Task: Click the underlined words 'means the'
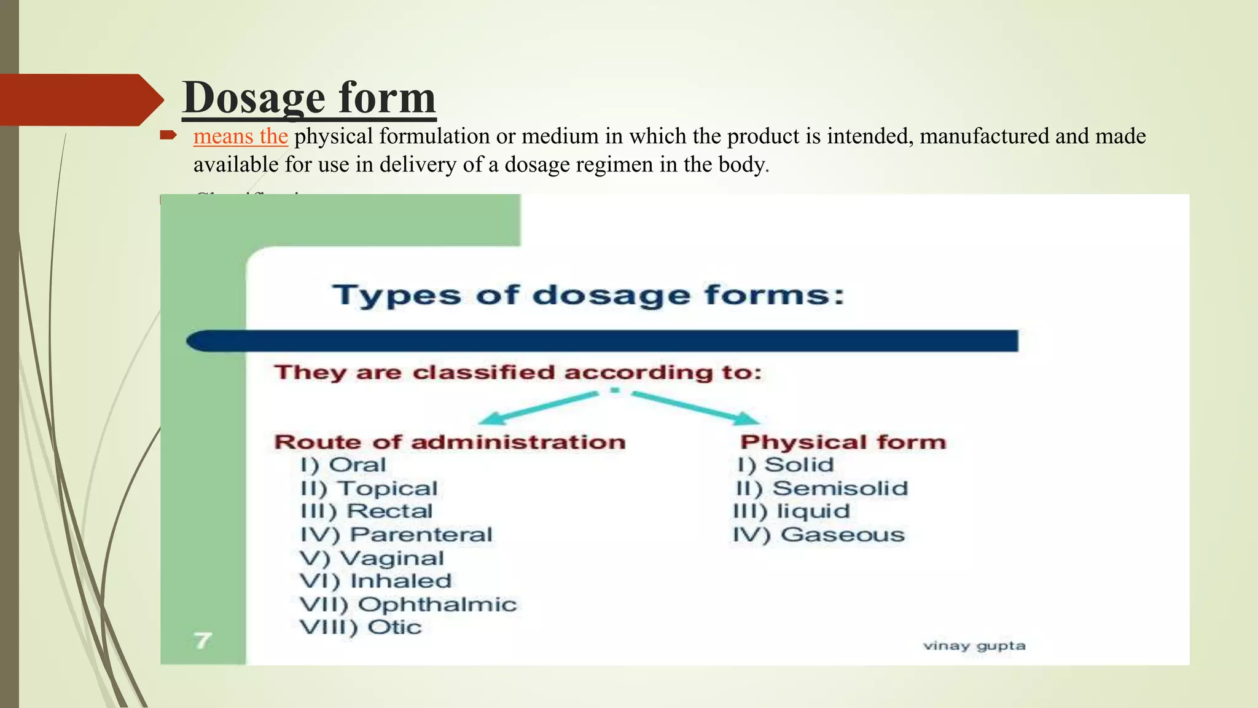click(x=240, y=136)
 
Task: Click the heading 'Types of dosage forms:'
click(x=588, y=296)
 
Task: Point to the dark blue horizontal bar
click(x=602, y=341)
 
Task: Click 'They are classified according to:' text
click(x=518, y=372)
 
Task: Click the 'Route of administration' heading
click(x=450, y=442)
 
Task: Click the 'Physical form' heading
click(x=843, y=442)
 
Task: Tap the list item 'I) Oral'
click(x=343, y=465)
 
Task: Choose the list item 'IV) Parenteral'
click(x=396, y=535)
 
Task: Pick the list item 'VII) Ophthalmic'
click(x=408, y=605)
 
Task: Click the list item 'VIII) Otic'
click(x=361, y=627)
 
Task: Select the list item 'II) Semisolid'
click(x=822, y=489)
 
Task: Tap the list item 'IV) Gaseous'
click(x=819, y=535)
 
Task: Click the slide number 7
click(x=203, y=641)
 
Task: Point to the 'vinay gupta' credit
click(x=974, y=646)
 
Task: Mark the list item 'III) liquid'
click(x=792, y=511)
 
